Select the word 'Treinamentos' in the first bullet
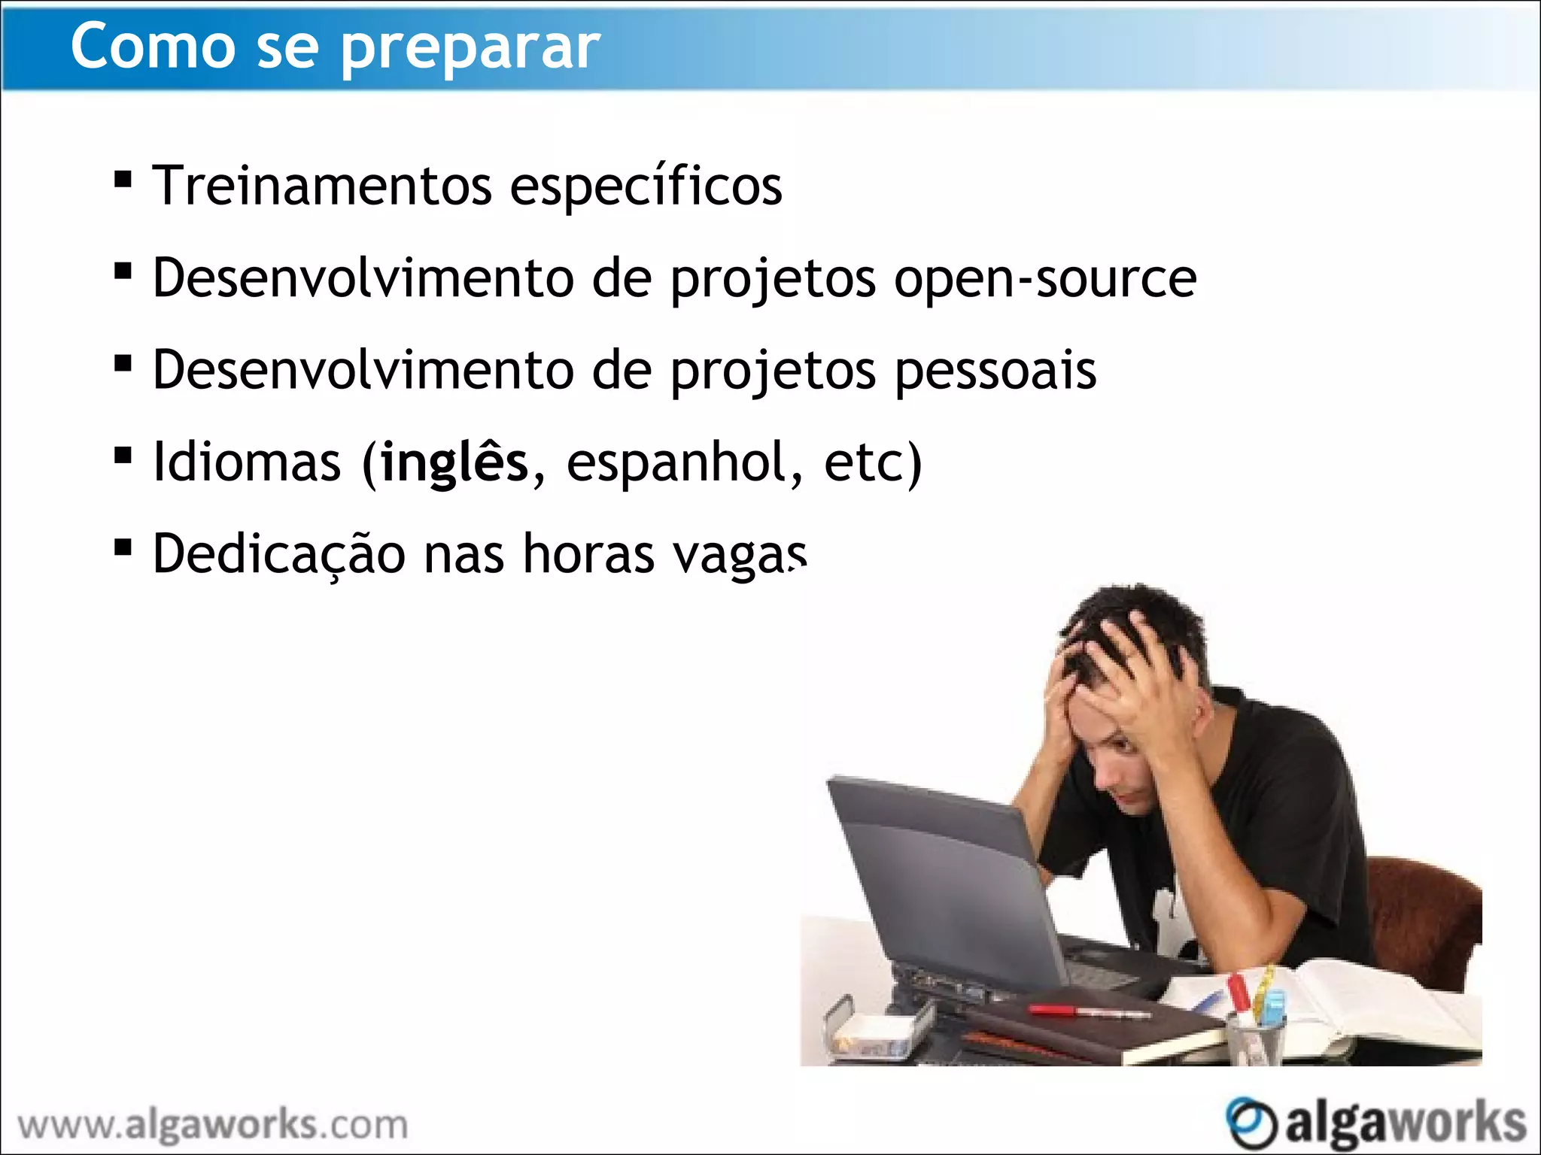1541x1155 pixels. [322, 186]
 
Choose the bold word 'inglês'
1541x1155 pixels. [454, 462]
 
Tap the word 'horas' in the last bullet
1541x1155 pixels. [588, 554]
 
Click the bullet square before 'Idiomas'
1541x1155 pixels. [123, 456]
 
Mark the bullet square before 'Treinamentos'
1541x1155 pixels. [123, 180]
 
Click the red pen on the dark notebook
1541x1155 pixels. [1088, 1011]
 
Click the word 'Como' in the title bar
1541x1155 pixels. [153, 47]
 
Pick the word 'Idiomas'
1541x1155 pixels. [247, 462]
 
